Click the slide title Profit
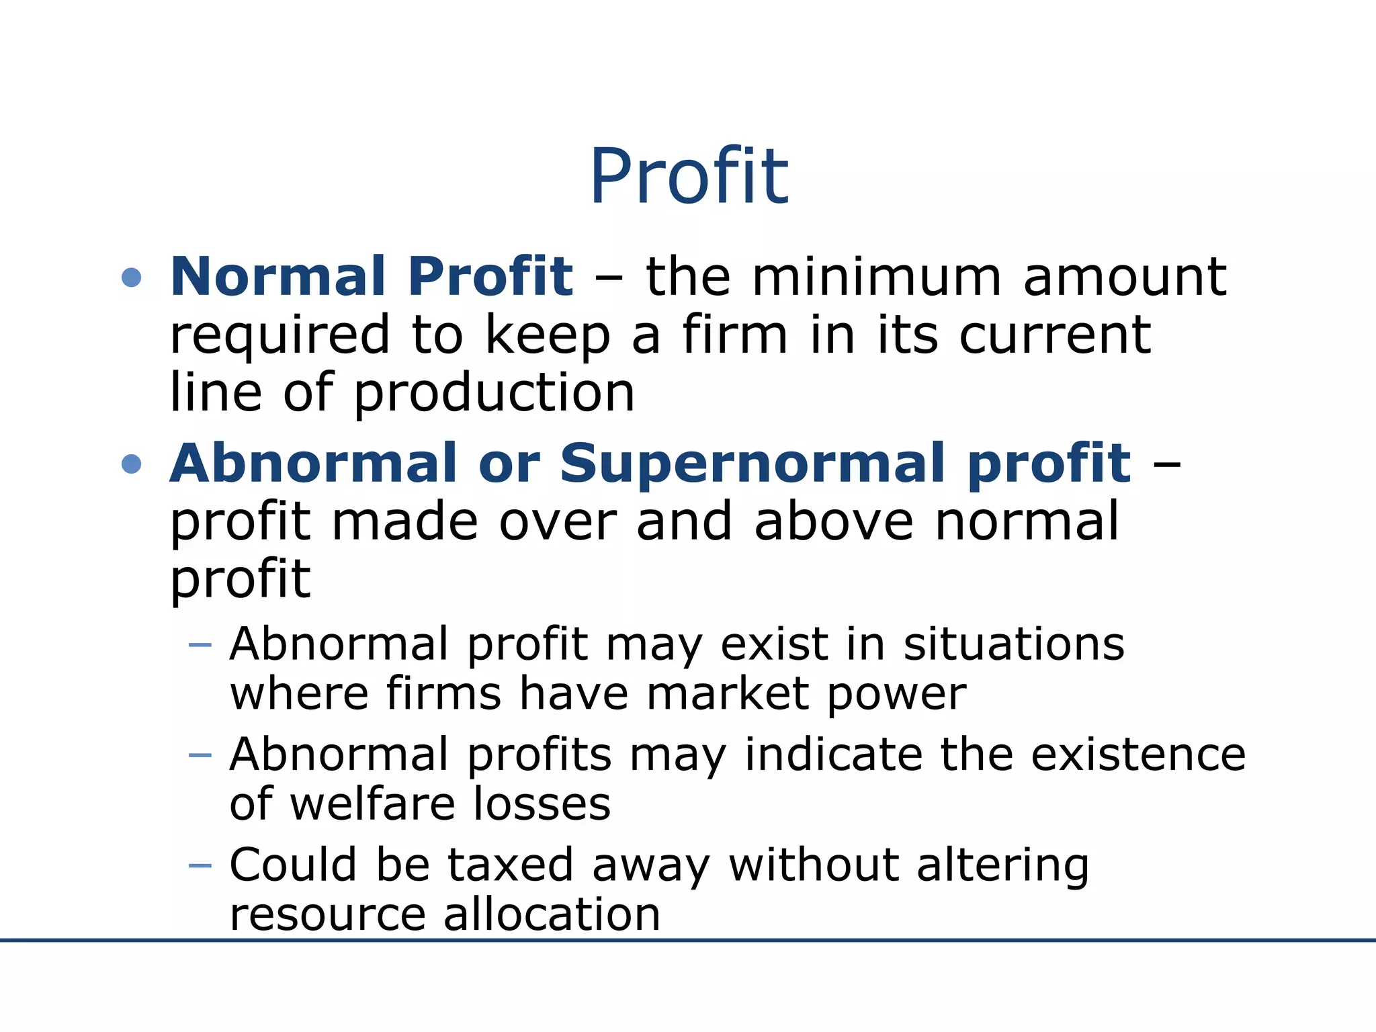pos(689,176)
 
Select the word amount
pos(1125,278)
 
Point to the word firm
pos(734,334)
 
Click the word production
pos(494,394)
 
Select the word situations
pos(1013,644)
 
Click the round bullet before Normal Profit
pos(132,277)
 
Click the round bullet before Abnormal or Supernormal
pos(132,464)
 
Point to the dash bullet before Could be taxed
pos(200,865)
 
